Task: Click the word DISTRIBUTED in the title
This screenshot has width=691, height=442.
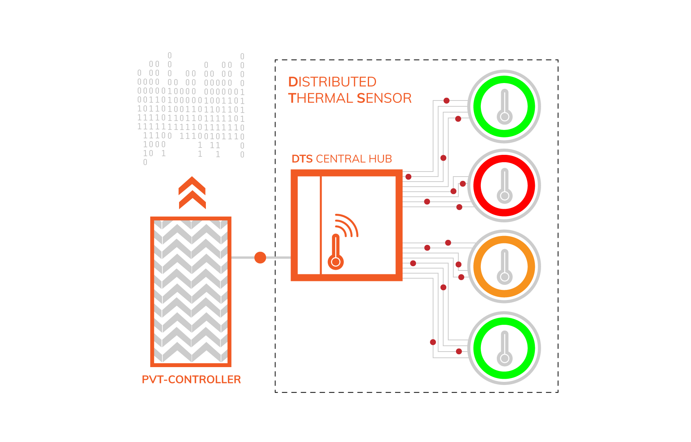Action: point(332,82)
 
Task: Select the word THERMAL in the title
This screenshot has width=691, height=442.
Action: point(320,98)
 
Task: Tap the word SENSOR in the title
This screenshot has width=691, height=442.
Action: point(384,98)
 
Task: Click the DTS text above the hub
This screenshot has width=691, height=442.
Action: point(302,159)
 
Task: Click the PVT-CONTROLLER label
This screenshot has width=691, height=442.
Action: point(191,380)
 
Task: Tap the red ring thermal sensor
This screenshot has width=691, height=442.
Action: point(504,185)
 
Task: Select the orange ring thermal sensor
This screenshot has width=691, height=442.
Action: point(504,266)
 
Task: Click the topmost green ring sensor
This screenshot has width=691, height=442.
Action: point(504,106)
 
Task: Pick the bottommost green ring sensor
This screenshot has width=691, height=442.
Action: point(504,348)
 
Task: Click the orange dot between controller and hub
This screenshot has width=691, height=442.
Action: point(260,257)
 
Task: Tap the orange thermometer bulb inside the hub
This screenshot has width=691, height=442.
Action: point(336,262)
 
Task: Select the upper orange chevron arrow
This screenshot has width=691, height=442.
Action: point(192,185)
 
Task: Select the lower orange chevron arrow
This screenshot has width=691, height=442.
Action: point(192,200)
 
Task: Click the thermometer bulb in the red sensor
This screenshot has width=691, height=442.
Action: point(505,196)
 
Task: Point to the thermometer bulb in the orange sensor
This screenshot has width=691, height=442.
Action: point(505,277)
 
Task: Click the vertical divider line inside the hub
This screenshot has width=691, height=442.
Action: point(321,225)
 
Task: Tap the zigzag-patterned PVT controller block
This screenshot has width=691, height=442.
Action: point(191,291)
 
